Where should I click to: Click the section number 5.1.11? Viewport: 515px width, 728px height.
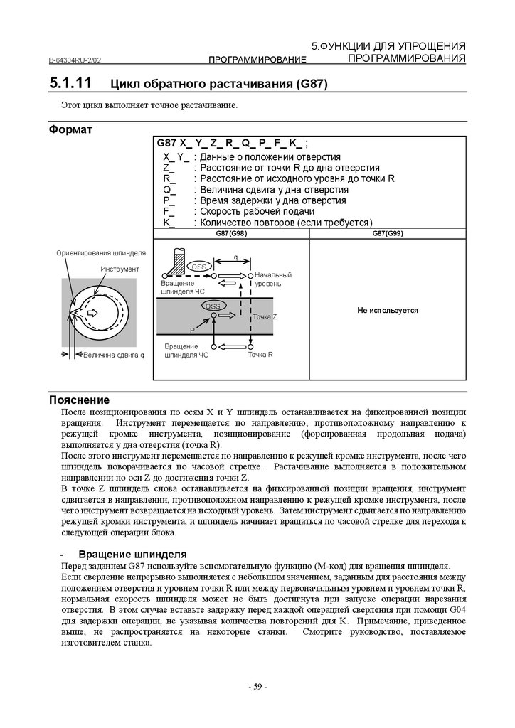tap(70, 83)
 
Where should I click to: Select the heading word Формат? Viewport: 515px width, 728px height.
tap(70, 130)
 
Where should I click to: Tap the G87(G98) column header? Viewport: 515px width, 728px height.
tap(231, 234)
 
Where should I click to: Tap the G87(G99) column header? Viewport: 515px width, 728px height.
tap(388, 234)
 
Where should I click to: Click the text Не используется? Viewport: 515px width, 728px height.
tap(388, 311)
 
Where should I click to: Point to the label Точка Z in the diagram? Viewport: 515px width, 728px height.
tap(265, 316)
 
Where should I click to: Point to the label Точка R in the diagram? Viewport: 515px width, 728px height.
tap(261, 354)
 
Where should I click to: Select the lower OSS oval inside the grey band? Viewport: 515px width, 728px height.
tap(211, 306)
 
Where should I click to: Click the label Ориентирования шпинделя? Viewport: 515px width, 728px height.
tap(101, 253)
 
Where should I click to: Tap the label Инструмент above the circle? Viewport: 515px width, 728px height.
tap(120, 269)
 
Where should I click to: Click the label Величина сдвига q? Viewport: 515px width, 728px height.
tap(113, 355)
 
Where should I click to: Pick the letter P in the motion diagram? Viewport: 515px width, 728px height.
tap(191, 331)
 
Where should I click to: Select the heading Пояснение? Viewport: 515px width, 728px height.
tap(79, 400)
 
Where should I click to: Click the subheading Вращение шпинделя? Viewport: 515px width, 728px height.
tap(132, 554)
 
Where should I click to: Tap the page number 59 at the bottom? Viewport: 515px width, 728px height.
tap(257, 687)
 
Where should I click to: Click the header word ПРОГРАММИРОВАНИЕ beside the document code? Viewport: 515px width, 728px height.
tap(257, 60)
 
